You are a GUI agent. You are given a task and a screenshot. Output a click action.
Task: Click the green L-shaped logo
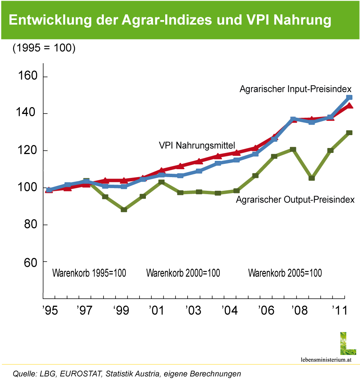[x=347, y=344]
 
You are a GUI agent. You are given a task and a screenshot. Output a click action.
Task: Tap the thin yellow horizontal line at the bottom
[x=180, y=364]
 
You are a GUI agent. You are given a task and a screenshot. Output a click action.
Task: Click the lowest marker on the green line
[x=124, y=209]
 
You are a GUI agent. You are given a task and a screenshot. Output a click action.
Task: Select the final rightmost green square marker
[x=349, y=132]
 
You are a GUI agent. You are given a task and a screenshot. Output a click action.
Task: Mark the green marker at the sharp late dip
[x=312, y=178]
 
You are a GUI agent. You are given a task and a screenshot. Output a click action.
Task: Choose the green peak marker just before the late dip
[x=293, y=149]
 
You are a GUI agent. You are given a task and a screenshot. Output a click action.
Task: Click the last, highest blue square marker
[x=349, y=97]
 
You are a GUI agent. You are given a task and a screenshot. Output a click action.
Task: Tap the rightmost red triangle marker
[x=350, y=106]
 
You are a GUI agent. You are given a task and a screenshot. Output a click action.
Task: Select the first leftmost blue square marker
[x=49, y=190]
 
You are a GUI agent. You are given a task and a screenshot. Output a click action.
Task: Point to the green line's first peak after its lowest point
[x=162, y=182]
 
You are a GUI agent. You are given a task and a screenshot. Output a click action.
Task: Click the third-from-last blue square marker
[x=312, y=122]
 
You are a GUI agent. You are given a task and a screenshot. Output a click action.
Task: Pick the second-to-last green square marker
[x=330, y=150]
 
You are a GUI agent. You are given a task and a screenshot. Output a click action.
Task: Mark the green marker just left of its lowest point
[x=105, y=196]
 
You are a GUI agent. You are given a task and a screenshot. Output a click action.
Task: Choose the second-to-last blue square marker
[x=330, y=117]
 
